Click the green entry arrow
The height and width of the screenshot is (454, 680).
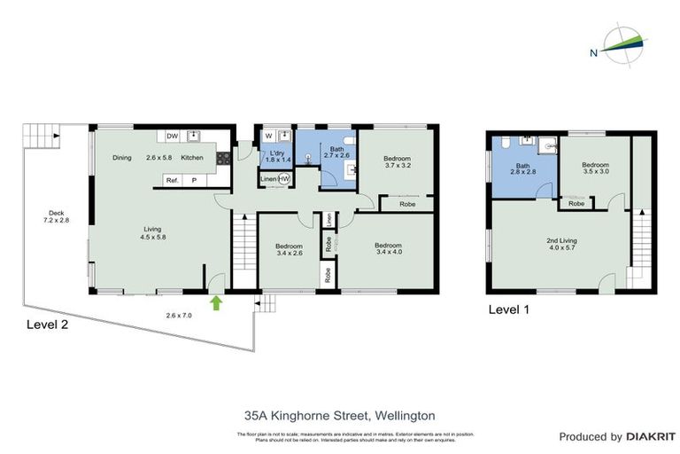point(214,303)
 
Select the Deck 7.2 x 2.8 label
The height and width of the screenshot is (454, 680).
point(57,217)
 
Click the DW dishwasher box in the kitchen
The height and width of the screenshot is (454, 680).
point(173,136)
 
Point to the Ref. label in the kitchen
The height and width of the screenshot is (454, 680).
point(173,180)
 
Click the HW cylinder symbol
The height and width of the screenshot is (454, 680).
point(284,179)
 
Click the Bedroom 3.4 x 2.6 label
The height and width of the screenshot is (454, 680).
point(289,250)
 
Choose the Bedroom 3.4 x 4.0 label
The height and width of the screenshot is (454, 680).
point(388,249)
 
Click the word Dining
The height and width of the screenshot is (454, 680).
point(122,158)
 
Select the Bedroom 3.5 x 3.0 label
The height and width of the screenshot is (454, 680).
point(595,168)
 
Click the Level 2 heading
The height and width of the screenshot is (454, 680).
point(46,324)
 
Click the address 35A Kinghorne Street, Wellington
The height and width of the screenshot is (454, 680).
point(340,414)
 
